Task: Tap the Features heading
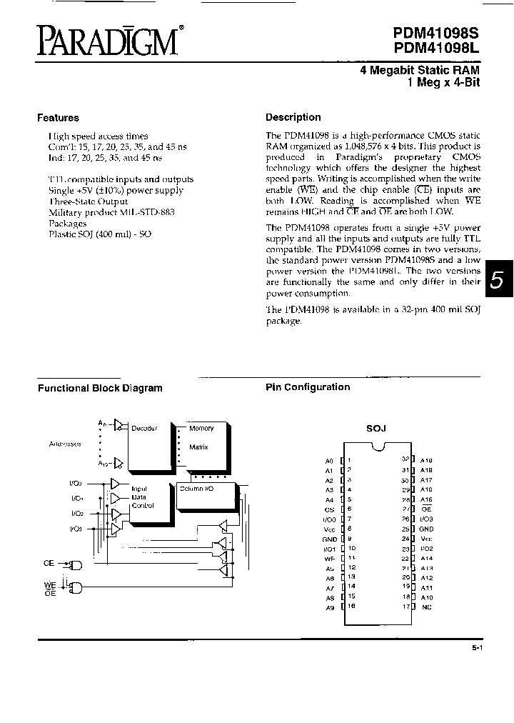(x=58, y=118)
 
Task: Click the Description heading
(x=293, y=117)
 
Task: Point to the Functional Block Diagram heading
(x=100, y=388)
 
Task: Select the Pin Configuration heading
(x=308, y=387)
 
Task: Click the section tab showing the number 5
(x=497, y=280)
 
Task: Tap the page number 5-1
(x=477, y=647)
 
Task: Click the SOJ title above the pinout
(x=376, y=428)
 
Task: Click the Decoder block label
(x=143, y=429)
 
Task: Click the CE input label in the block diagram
(x=49, y=563)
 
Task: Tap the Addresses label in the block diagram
(x=65, y=444)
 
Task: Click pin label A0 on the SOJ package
(x=328, y=461)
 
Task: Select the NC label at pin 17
(x=426, y=607)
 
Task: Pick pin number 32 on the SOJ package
(x=405, y=460)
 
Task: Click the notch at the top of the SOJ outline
(x=376, y=448)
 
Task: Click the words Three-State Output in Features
(x=88, y=201)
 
